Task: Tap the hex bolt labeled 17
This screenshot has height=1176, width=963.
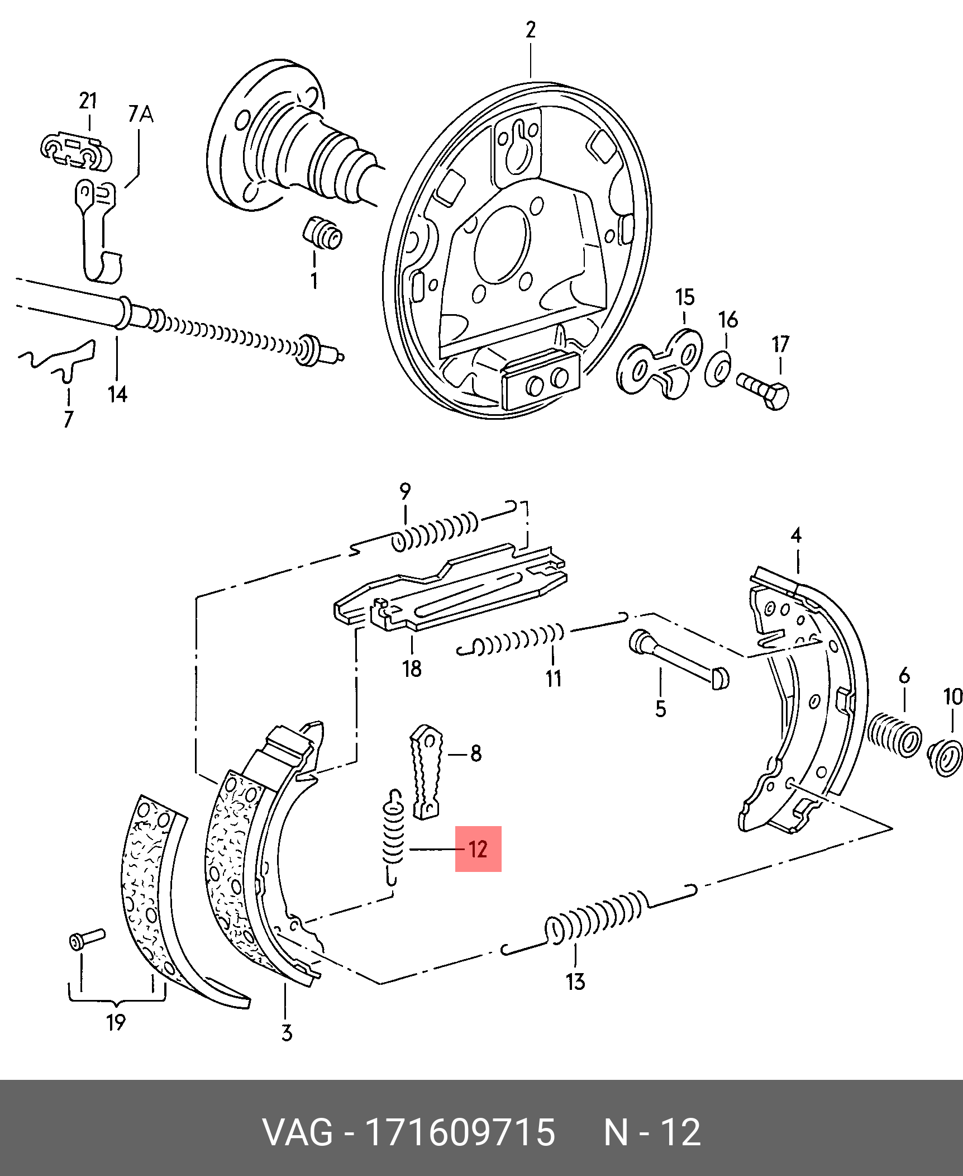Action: pos(763,391)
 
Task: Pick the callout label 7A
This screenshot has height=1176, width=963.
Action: pos(141,114)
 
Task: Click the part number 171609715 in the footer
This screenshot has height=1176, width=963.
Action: pos(459,1133)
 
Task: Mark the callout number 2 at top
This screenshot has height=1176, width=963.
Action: pos(530,30)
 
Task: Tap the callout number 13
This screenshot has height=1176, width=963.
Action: pos(575,981)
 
